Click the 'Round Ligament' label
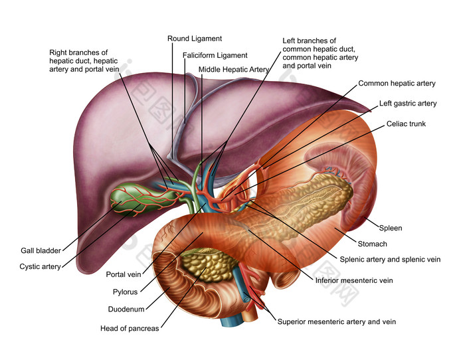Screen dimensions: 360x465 click(x=195, y=39)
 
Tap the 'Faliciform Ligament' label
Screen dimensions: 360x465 click(x=215, y=55)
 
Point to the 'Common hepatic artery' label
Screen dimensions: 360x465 click(x=397, y=84)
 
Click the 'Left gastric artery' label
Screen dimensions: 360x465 click(x=408, y=104)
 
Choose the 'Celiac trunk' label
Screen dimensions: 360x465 click(x=406, y=124)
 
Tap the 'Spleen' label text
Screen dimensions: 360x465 click(x=391, y=228)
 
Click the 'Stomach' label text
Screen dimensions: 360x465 click(x=372, y=244)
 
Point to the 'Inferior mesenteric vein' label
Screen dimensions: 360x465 click(x=354, y=280)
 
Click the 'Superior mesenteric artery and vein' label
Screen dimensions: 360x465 click(x=336, y=321)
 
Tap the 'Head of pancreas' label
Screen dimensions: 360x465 click(x=130, y=328)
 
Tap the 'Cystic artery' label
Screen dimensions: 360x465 click(x=40, y=266)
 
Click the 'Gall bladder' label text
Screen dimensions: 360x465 click(x=41, y=250)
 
